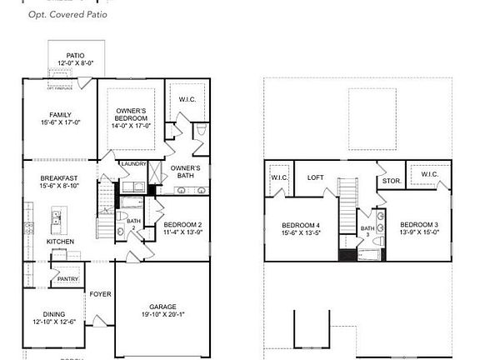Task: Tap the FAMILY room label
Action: coord(60,115)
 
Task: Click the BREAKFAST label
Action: coord(60,177)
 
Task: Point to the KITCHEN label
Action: coord(60,242)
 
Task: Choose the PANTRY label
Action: coord(67,279)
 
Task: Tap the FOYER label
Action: coord(100,293)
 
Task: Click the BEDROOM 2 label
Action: coord(182,225)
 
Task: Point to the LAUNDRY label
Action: coord(133,164)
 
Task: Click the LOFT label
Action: coord(315,177)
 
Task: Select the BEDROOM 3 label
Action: coord(418,225)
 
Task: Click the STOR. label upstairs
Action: coord(391,180)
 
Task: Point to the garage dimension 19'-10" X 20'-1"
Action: coord(162,315)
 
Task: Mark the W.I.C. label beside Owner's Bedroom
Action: coord(187,100)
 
